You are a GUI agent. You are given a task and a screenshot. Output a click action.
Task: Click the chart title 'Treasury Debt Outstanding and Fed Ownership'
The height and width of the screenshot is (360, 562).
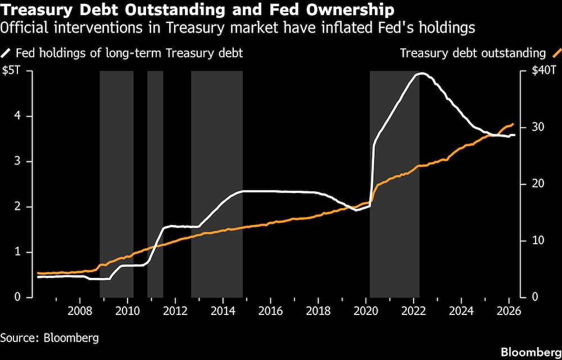coord(197,10)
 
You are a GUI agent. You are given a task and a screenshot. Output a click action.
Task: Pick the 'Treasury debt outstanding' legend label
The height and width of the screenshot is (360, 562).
coord(473,53)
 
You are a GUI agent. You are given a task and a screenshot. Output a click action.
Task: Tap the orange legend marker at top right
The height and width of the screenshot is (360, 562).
coord(556,53)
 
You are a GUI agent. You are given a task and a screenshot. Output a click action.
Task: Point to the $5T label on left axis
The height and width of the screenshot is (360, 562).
coord(11,71)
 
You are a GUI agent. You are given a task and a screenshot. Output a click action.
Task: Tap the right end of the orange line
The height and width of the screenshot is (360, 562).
coord(513,124)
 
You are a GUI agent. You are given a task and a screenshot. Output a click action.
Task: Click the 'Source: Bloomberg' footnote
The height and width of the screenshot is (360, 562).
coord(49,338)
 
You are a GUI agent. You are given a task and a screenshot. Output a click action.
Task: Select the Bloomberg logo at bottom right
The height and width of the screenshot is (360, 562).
coord(529,352)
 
